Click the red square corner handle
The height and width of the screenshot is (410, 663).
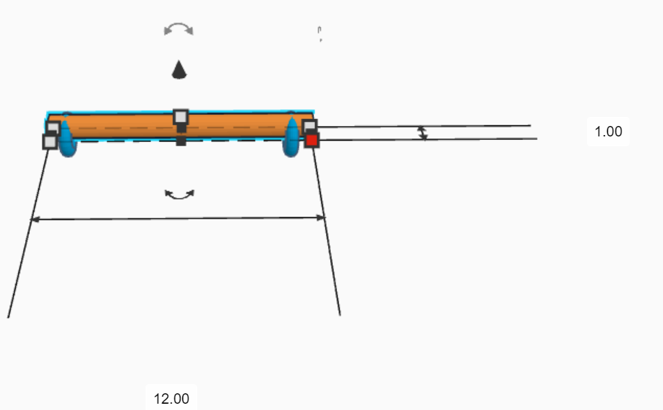point(311,140)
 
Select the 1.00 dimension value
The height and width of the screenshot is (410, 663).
point(608,132)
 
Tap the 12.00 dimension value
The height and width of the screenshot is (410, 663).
point(171,399)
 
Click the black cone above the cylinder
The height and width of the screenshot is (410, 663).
point(180,70)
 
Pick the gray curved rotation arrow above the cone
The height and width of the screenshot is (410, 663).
point(179,29)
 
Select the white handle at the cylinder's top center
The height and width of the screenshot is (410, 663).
point(181,116)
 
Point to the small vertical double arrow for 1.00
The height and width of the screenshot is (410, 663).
point(422,133)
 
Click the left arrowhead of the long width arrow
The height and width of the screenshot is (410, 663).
point(34,219)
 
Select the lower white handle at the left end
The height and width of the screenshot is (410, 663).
point(50,142)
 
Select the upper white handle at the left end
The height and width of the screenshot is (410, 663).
point(53,128)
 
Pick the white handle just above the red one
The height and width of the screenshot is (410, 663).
point(310,126)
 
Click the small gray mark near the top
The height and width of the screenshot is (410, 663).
point(320,34)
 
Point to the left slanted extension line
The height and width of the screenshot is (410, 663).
point(28,230)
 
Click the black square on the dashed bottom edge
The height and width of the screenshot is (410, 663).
point(181,141)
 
